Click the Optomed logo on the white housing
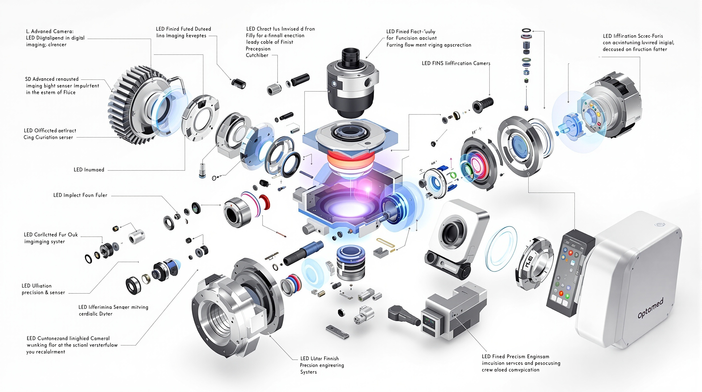click(650, 308)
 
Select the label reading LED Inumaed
click(89, 169)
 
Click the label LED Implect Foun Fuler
click(80, 195)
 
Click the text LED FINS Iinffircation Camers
click(456, 63)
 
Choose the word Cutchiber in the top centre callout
click(257, 55)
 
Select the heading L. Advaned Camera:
click(49, 31)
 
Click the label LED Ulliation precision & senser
click(43, 289)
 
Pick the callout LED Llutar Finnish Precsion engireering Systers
click(322, 365)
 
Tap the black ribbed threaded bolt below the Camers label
click(483, 105)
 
